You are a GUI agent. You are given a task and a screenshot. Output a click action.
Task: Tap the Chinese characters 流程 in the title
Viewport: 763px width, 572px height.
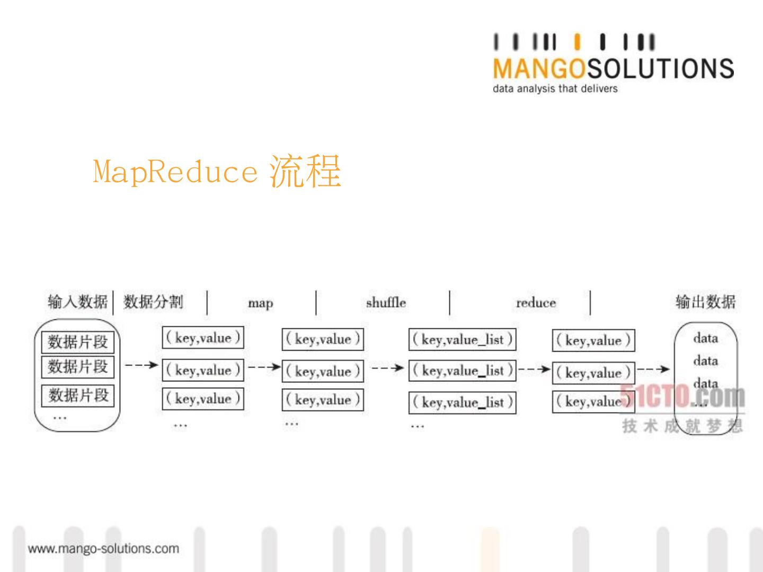305,171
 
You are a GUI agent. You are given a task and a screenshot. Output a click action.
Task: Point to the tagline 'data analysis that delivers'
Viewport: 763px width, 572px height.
555,88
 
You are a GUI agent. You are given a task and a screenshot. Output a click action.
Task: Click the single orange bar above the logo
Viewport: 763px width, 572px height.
578,42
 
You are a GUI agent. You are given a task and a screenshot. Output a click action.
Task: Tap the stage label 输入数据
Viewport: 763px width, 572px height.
77,302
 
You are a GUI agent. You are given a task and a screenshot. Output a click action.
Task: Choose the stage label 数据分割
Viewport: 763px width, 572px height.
153,302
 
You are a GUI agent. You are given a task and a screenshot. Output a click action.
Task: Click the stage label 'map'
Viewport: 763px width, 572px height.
261,303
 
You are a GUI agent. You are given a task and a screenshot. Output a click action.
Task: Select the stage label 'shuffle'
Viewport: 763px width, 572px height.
386,303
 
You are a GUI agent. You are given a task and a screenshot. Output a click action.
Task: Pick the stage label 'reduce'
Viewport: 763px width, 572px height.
536,303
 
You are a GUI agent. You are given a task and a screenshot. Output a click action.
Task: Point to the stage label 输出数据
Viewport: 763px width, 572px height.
705,302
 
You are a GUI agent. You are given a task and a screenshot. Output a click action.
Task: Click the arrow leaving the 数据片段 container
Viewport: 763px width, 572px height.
141,365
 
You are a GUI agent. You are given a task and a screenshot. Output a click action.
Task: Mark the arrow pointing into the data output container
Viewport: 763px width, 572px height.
653,369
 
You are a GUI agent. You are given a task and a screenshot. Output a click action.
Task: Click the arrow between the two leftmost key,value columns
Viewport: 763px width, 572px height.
263,367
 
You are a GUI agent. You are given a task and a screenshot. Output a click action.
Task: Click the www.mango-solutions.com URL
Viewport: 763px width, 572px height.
103,549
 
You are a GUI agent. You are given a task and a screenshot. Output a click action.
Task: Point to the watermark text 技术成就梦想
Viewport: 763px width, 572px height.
682,426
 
